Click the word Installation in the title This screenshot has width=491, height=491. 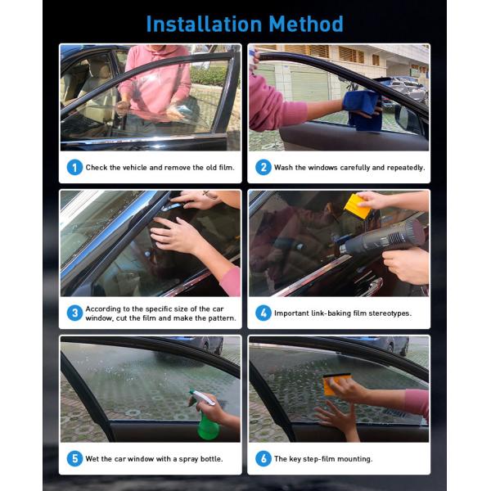(x=204, y=25)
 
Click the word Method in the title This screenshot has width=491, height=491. (x=306, y=25)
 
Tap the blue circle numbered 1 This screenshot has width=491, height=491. (x=74, y=167)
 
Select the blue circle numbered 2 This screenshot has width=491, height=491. (x=264, y=167)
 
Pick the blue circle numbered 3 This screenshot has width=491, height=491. (x=74, y=313)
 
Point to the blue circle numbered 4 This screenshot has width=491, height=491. (x=264, y=313)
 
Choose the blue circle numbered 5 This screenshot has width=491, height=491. (x=74, y=458)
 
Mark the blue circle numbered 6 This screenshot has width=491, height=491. (x=264, y=458)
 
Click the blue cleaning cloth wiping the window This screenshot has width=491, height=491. (x=363, y=110)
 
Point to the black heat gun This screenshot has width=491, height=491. (x=383, y=239)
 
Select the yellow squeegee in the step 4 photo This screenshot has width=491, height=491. (x=358, y=206)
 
